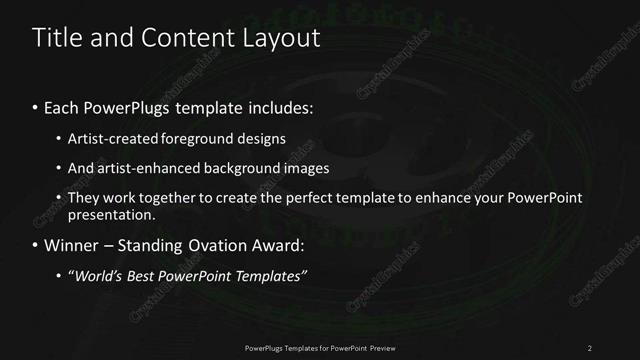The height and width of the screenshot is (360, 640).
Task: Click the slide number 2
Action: pyautogui.click(x=590, y=347)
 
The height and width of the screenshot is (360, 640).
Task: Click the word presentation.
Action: pyautogui.click(x=110, y=215)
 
